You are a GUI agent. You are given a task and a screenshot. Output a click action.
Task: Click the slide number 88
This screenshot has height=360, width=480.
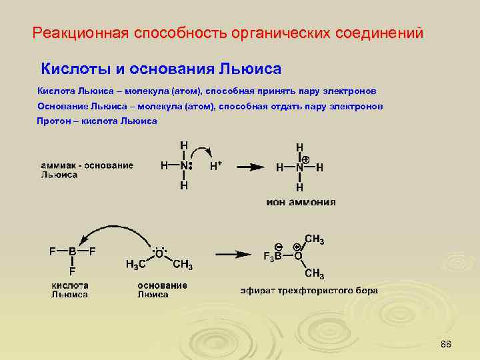pos(446,344)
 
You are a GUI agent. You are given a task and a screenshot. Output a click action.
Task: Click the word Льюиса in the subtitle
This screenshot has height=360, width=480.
pos(247,69)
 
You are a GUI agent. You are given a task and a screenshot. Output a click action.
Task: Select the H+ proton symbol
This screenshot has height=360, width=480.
pos(216,167)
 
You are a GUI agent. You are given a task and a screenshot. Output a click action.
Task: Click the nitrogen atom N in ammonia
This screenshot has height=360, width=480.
pos(183,167)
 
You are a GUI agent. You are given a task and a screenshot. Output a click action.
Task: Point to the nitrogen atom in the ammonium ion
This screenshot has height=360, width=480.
pos(299,168)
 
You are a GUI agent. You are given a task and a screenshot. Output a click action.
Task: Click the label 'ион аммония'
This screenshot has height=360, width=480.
pos(301,201)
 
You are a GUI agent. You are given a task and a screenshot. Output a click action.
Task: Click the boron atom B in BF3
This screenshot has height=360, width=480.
pos(71,251)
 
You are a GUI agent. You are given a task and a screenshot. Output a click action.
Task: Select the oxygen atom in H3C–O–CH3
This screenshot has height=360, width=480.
pos(159,254)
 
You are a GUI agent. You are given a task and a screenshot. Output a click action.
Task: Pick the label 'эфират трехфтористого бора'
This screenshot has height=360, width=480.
pos(309,290)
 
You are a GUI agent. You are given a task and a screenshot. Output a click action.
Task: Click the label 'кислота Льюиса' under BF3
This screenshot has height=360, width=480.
pos(70,289)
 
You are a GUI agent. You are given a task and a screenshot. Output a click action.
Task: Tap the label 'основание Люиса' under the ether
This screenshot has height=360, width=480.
pos(162,289)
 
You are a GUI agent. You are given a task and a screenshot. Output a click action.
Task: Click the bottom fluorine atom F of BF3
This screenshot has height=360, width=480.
pos(72,272)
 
